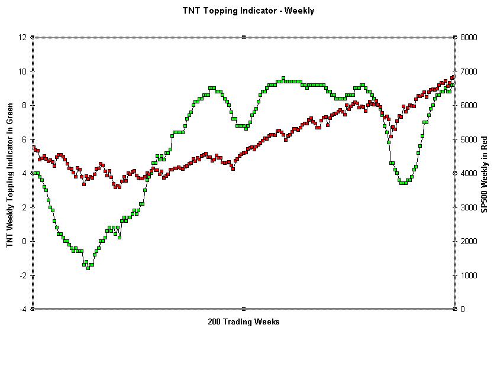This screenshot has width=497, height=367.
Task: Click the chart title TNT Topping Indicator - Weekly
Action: tap(248, 11)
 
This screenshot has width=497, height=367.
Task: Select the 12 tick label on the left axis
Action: tap(22, 37)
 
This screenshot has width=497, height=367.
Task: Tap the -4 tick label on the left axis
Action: tap(22, 309)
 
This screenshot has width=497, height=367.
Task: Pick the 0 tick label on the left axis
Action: tap(24, 241)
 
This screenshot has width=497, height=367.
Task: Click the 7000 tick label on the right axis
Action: tap(468, 72)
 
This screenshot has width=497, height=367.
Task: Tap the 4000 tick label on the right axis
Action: tap(468, 173)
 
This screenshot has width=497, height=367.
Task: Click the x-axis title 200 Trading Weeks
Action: tap(244, 322)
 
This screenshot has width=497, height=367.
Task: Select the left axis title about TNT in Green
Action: tap(10, 173)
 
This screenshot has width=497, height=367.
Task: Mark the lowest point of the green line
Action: tap(88, 268)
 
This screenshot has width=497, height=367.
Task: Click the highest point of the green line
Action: tap(283, 78)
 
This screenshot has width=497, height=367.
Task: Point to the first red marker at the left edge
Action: tap(33, 148)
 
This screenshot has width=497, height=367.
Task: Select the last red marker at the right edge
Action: tap(453, 77)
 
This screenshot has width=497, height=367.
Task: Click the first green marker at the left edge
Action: tap(35, 173)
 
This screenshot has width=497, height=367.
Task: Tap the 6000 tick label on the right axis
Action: tap(468, 105)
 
